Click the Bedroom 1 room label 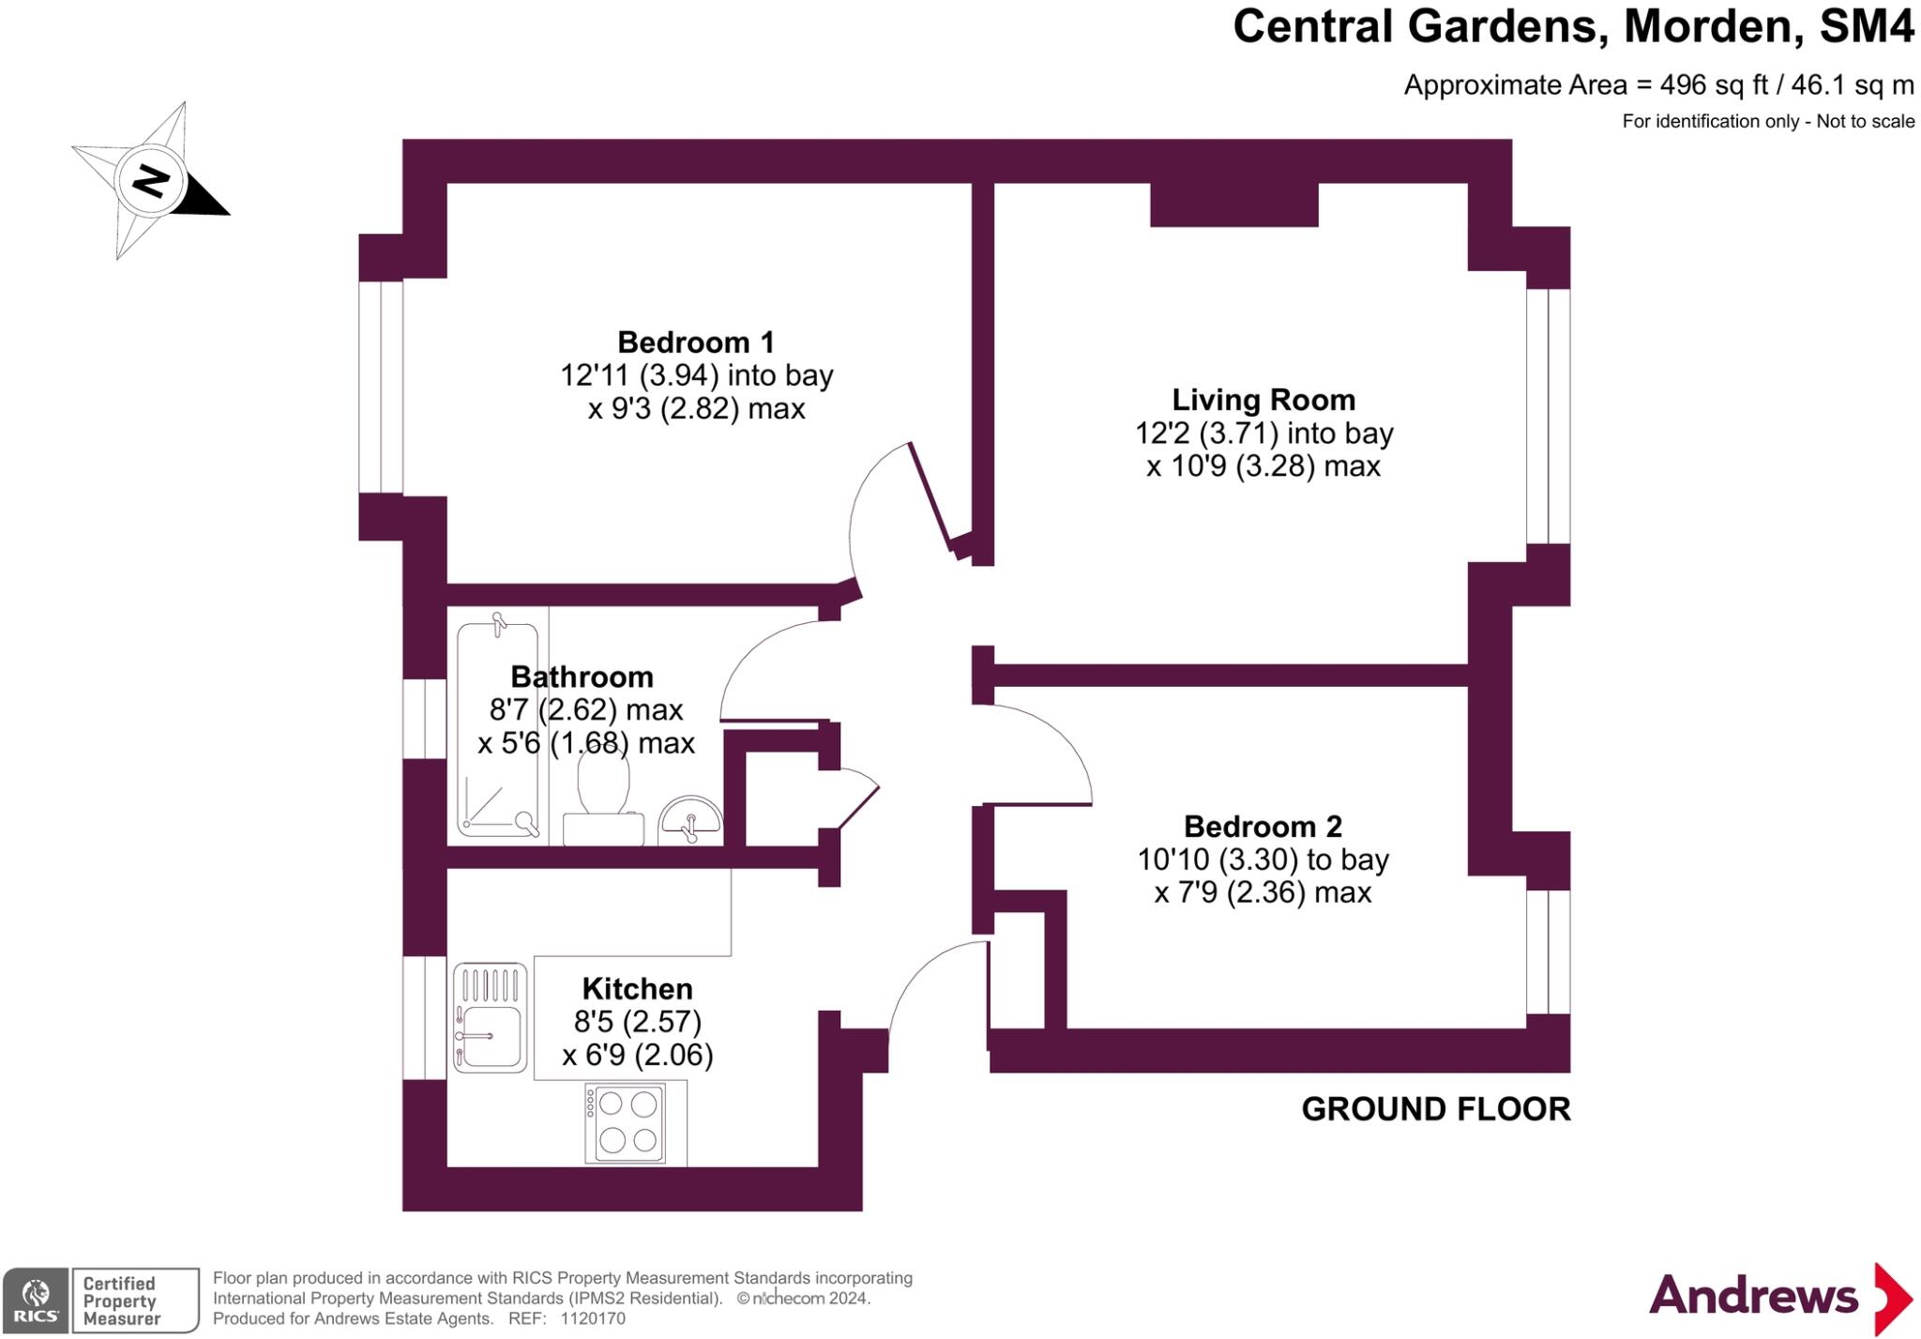pyautogui.click(x=695, y=342)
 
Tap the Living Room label pyautogui.click(x=1263, y=400)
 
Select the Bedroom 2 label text pyautogui.click(x=1263, y=827)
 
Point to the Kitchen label pyautogui.click(x=637, y=989)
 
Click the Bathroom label pyautogui.click(x=582, y=677)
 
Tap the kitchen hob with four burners pyautogui.click(x=626, y=1123)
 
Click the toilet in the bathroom pyautogui.click(x=603, y=798)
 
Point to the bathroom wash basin pyautogui.click(x=690, y=819)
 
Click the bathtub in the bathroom pyautogui.click(x=497, y=727)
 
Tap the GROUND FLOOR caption pyautogui.click(x=1435, y=1109)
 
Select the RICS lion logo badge pyautogui.click(x=36, y=1300)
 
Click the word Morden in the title pyautogui.click(x=1713, y=26)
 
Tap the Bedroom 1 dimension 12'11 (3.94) pyautogui.click(x=640, y=376)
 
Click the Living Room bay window pyautogui.click(x=1548, y=417)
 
